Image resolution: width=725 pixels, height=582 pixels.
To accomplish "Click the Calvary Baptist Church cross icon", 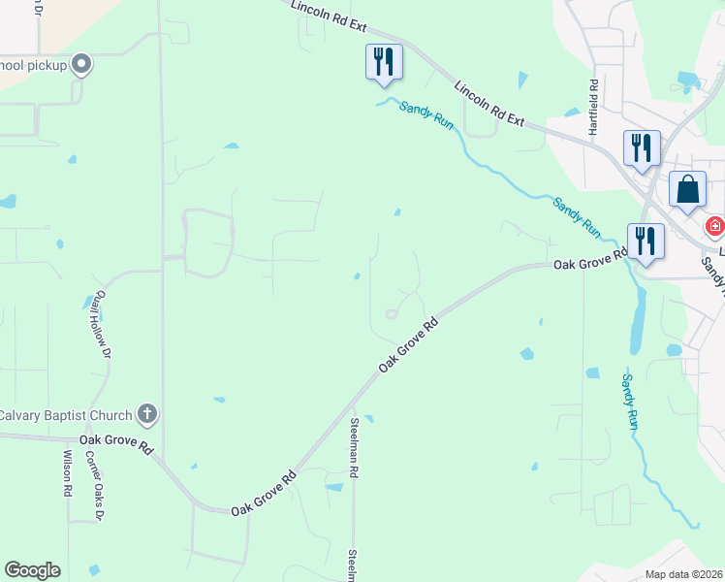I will click(147, 415).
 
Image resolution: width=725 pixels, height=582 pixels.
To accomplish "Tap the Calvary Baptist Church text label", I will click(65, 415).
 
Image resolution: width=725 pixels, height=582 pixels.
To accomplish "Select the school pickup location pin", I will click(81, 65).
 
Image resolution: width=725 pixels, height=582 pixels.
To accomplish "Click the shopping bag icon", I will click(688, 190).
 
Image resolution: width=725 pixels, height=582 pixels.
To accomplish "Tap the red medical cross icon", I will click(715, 227).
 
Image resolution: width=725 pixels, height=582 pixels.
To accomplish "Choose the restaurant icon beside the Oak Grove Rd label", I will click(646, 242).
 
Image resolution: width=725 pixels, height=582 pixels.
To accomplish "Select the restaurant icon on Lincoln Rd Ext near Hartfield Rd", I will click(642, 147).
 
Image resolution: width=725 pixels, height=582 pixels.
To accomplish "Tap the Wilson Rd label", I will click(67, 473).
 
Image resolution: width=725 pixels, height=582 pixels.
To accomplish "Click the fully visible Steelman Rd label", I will click(356, 446).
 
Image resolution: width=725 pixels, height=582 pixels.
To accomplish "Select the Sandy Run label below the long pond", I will click(630, 402).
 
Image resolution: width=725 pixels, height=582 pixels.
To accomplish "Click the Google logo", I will click(32, 571).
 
